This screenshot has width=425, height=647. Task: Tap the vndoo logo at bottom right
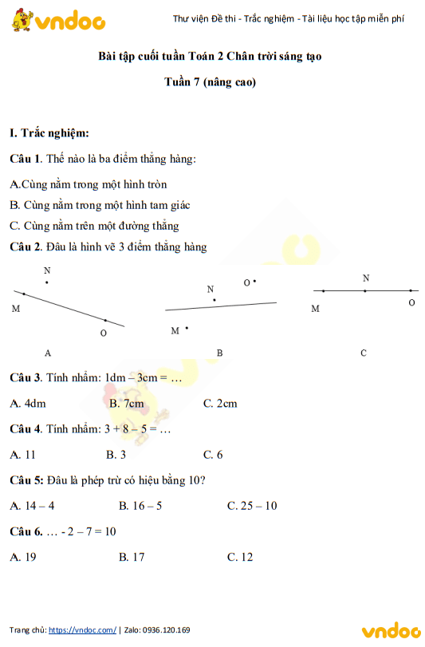[x=390, y=631]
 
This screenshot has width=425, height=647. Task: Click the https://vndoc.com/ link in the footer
[x=82, y=629]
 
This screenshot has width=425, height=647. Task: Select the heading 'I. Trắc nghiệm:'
[x=49, y=133]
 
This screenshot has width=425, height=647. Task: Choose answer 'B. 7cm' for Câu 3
[x=127, y=404]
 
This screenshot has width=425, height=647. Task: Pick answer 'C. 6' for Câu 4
[x=213, y=455]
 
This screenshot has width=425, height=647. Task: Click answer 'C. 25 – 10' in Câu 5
[x=252, y=506]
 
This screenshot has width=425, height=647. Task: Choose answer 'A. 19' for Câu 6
[x=23, y=557]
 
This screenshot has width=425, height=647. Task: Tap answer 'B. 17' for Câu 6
[x=132, y=557]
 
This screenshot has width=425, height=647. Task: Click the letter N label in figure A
[x=46, y=271]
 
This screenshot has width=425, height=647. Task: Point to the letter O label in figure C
[x=411, y=303]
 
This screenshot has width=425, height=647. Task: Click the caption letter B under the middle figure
[x=219, y=353]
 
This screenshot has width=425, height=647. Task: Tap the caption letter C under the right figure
[x=364, y=353]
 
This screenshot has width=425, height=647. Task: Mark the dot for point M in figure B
[x=187, y=327]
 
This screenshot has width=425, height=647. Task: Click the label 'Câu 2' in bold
[x=25, y=247]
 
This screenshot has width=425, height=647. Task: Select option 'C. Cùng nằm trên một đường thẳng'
[x=94, y=226]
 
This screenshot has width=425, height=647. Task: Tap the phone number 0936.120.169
[x=167, y=629]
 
